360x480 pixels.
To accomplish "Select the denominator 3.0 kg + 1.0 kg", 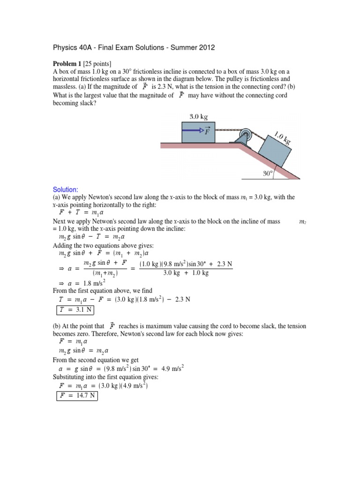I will pyautogui.click(x=187, y=273).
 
